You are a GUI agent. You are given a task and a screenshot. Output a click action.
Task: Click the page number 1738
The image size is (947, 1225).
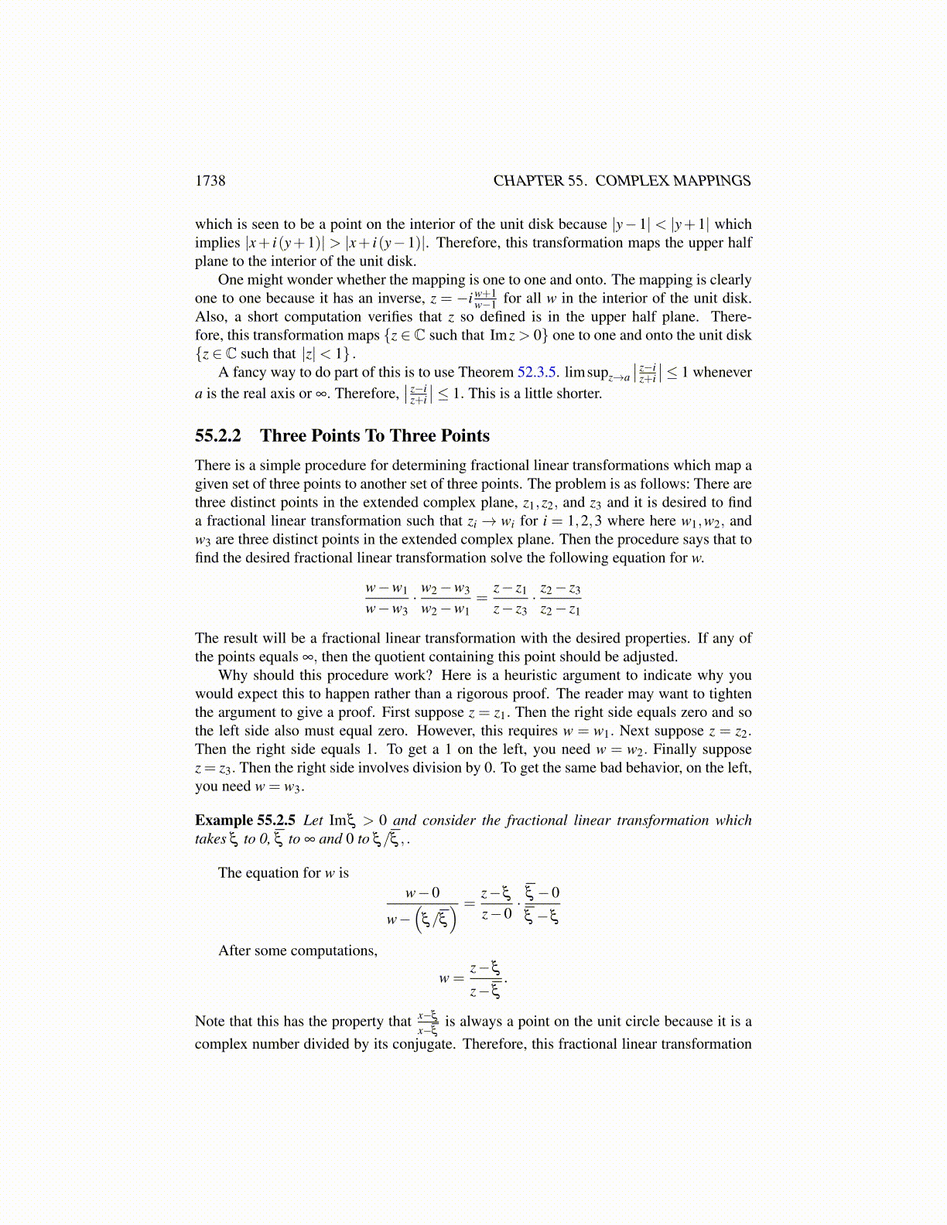click(x=210, y=181)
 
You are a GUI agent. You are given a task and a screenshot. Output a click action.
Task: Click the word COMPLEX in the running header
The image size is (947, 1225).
click(x=631, y=181)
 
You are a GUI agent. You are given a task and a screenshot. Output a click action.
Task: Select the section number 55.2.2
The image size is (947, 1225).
click(x=217, y=436)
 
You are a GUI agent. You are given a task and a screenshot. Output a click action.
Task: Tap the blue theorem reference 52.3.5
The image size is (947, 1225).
click(x=537, y=372)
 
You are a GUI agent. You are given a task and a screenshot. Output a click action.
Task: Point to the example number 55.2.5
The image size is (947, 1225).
click(x=276, y=821)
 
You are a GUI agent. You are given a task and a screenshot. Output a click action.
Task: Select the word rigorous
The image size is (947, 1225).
click(x=646, y=694)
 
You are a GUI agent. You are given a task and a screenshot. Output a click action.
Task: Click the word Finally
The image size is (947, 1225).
click(x=683, y=749)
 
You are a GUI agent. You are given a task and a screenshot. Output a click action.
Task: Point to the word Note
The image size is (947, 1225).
click(x=210, y=1022)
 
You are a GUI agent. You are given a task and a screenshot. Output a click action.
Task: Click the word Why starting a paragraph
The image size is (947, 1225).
click(x=233, y=675)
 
